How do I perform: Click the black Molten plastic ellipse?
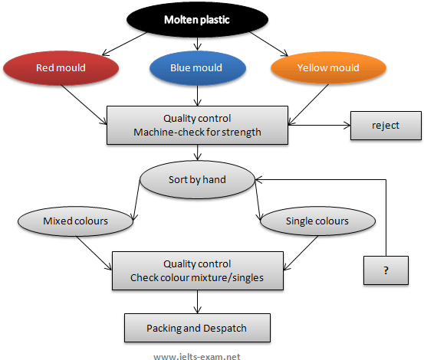pyautogui.click(x=197, y=19)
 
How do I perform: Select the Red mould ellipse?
pyautogui.click(x=61, y=68)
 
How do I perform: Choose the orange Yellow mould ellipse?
pyautogui.click(x=325, y=68)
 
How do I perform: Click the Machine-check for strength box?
pyautogui.click(x=197, y=125)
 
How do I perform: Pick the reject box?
pyautogui.click(x=385, y=126)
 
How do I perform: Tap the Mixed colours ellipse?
pyautogui.click(x=75, y=221)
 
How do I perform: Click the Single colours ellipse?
pyautogui.click(x=317, y=221)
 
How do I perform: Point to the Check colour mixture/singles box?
pyautogui.click(x=197, y=270)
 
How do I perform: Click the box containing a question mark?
pyautogui.click(x=385, y=271)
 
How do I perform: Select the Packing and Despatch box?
pyautogui.click(x=197, y=328)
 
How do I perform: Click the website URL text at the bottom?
pyautogui.click(x=197, y=356)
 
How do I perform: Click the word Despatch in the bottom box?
pyautogui.click(x=224, y=328)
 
